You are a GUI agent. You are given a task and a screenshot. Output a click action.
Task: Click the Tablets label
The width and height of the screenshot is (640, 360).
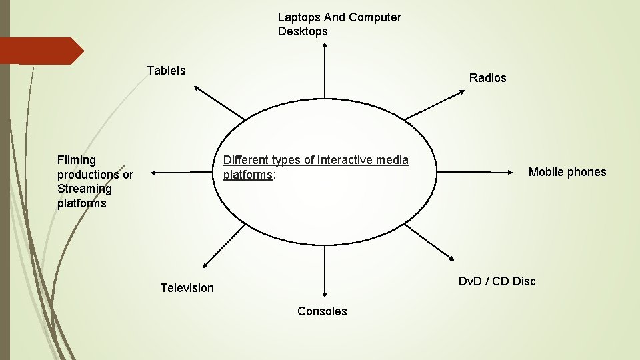[166, 71]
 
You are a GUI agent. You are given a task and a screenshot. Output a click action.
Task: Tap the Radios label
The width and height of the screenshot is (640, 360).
[487, 78]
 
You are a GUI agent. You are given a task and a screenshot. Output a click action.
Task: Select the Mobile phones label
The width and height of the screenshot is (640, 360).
[567, 172]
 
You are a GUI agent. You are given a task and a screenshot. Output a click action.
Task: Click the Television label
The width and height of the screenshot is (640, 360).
[187, 288]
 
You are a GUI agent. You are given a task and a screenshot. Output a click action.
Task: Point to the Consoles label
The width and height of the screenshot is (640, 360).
[322, 311]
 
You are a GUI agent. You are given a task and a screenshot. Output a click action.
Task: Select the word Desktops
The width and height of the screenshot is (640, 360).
[303, 31]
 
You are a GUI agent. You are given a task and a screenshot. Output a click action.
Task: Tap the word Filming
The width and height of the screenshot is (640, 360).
[77, 160]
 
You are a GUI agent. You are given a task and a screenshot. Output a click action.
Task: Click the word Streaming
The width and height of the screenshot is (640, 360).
[85, 189]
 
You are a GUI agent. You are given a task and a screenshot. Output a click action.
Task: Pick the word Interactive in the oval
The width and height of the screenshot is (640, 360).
[343, 160]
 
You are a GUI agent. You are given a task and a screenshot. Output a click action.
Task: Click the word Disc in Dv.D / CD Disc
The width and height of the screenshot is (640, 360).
[524, 281]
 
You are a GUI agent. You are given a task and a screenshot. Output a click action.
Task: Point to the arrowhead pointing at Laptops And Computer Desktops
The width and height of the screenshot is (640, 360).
[325, 45]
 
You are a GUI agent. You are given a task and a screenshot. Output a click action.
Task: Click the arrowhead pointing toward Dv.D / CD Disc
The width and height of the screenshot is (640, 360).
[452, 260]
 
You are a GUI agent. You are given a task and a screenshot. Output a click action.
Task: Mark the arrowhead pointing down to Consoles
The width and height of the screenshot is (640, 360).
[325, 293]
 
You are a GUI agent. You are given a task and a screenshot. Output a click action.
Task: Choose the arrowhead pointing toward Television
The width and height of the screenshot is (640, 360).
[204, 265]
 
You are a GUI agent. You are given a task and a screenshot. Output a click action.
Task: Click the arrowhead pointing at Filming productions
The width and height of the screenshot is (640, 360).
[153, 172]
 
